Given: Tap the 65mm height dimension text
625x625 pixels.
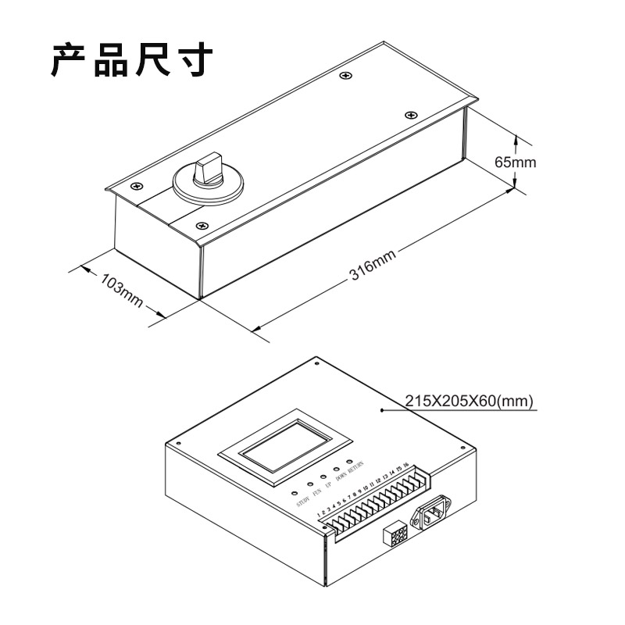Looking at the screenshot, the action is tap(516, 162).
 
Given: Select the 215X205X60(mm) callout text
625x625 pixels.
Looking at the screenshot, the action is tap(469, 401).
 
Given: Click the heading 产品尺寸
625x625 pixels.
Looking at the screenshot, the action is tap(132, 60).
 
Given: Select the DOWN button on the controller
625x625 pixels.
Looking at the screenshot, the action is tap(337, 469).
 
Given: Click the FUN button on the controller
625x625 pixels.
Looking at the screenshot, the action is tap(309, 485).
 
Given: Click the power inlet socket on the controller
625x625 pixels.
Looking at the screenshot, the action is tap(433, 516).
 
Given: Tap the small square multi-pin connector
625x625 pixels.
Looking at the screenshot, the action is tap(395, 535).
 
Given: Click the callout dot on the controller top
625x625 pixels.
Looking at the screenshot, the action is tap(380, 409).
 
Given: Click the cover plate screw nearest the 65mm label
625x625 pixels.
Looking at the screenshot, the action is tap(410, 115).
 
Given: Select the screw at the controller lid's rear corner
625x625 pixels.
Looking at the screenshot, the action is tap(316, 362).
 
